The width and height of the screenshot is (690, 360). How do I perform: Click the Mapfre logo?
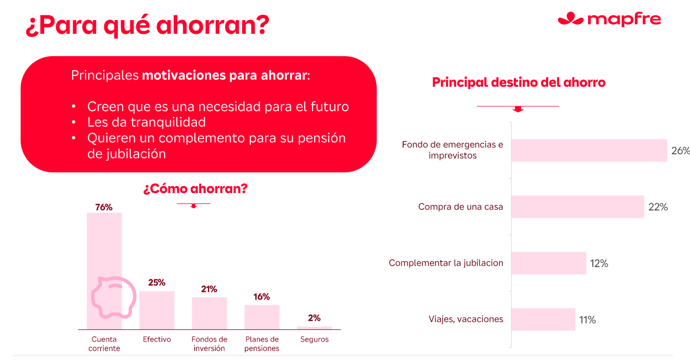[609, 19]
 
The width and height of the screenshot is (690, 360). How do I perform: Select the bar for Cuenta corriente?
[104, 271]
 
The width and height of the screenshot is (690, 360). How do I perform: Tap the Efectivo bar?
[157, 310]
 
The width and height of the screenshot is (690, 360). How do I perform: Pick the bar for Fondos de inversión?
[209, 313]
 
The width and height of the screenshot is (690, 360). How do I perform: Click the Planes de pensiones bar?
[262, 317]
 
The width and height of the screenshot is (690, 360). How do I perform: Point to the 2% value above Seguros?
[314, 318]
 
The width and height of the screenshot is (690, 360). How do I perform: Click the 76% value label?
[104, 207]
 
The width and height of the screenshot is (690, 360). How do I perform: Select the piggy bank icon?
[113, 297]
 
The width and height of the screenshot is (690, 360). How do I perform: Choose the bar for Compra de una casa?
[578, 207]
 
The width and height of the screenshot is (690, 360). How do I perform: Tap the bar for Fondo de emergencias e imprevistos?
[589, 151]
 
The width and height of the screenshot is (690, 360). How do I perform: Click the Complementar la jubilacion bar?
[549, 263]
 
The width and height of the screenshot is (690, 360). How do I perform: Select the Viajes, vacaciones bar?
[543, 319]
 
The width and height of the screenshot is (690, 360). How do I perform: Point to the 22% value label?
[658, 207]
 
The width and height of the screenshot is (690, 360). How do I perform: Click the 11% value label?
[587, 320]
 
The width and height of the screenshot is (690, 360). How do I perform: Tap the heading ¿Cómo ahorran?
[195, 189]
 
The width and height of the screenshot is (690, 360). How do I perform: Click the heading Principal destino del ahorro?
[519, 82]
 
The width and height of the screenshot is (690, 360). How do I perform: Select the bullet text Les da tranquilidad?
[147, 122]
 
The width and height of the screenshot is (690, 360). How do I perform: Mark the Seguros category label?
[315, 339]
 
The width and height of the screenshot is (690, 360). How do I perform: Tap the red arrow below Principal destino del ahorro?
[518, 109]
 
